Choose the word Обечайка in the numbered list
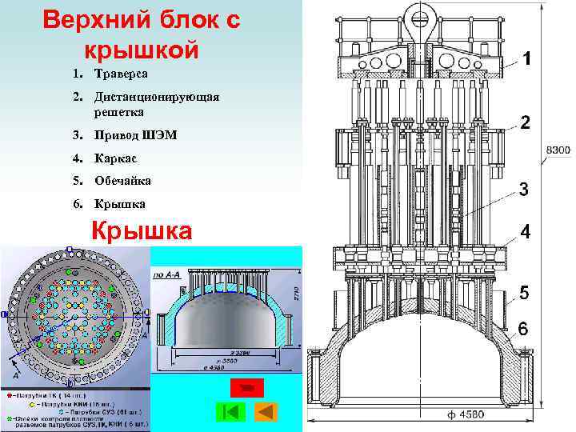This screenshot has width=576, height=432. pyautogui.click(x=122, y=181)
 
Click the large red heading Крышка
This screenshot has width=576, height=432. pyautogui.click(x=142, y=230)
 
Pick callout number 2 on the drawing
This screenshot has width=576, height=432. pyautogui.click(x=525, y=122)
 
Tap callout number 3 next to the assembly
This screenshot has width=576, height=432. pyautogui.click(x=523, y=189)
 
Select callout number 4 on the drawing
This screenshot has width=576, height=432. pyautogui.click(x=525, y=231)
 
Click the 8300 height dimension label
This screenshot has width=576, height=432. pyautogui.click(x=558, y=150)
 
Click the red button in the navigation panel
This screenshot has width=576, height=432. pyautogui.click(x=246, y=388)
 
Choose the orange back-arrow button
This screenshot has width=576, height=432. pyautogui.click(x=265, y=412)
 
